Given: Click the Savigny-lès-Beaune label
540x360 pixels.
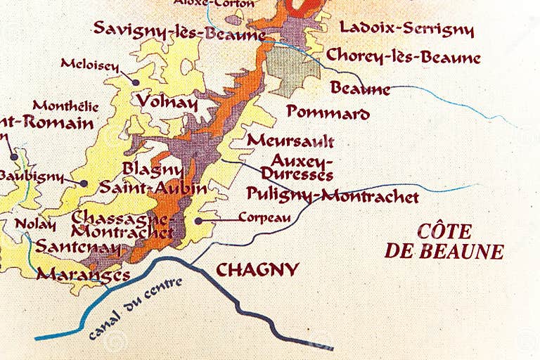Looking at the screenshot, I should [x=179, y=30].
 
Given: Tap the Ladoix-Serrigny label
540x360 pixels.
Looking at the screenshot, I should [x=406, y=29].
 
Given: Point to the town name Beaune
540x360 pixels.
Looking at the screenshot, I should [x=360, y=89].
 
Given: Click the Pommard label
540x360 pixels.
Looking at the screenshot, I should [x=328, y=112].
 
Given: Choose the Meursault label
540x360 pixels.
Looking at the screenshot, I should [x=290, y=140].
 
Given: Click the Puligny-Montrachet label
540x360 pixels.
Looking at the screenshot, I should [x=333, y=195].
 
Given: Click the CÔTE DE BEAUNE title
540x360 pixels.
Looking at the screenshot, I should [x=444, y=241].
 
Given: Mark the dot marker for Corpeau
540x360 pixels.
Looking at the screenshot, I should [x=199, y=220].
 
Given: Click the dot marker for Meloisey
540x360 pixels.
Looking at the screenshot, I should [x=136, y=82].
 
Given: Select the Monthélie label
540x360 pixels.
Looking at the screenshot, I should [x=65, y=107].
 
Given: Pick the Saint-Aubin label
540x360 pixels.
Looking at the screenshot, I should [x=153, y=188].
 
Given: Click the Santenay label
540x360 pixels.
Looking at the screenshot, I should [x=78, y=247].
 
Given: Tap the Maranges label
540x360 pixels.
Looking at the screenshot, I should [x=83, y=274].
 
